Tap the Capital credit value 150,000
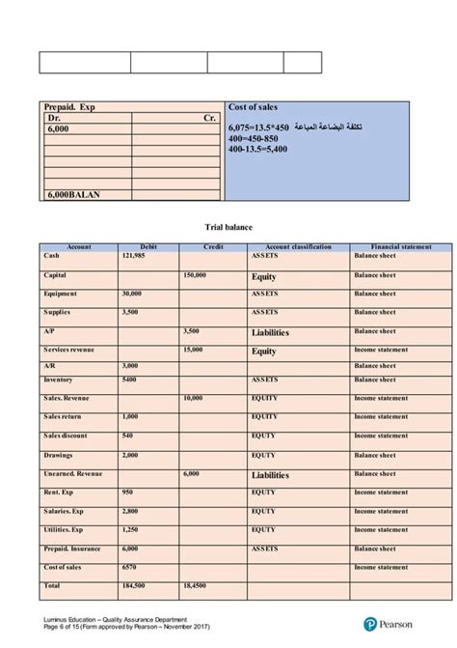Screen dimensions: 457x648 click(x=195, y=275)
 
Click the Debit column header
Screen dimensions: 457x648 click(x=148, y=246)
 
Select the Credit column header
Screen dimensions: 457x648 click(x=214, y=246)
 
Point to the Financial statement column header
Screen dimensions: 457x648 click(x=391, y=246)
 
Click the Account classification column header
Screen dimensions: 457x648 click(x=297, y=246)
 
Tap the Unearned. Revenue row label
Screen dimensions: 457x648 click(x=73, y=474)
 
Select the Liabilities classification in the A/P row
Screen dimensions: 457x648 click(x=270, y=332)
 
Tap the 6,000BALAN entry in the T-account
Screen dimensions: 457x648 click(x=73, y=194)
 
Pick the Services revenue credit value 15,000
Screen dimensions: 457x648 click(x=192, y=350)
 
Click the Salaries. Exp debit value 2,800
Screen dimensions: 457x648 click(x=131, y=510)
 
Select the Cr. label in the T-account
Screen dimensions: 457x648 click(x=210, y=117)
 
